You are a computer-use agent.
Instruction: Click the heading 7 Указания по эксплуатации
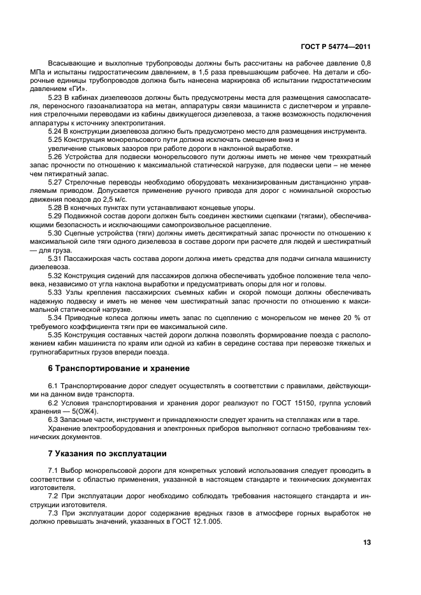(x=107, y=454)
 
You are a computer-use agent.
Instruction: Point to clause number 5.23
(x=55, y=97)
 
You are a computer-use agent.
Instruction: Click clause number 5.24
(x=55, y=130)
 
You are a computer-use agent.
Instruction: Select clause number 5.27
(x=55, y=181)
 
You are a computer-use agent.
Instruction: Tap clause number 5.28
(x=55, y=207)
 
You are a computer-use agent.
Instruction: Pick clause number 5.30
(x=55, y=233)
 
